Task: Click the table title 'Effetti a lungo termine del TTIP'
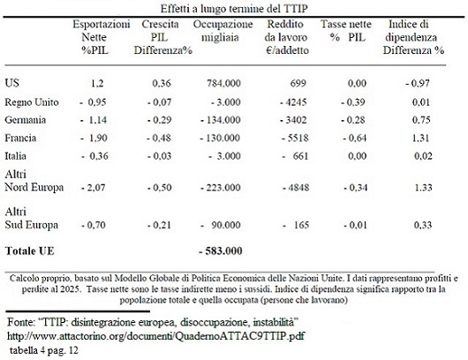pyautogui.click(x=234, y=9)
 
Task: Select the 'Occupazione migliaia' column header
pyautogui.click(x=223, y=31)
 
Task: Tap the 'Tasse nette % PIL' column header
pyautogui.click(x=346, y=31)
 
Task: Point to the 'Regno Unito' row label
pyautogui.click(x=32, y=102)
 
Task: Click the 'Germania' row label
pyautogui.click(x=26, y=120)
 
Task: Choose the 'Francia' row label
pyautogui.click(x=20, y=138)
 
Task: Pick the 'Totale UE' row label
pyautogui.click(x=29, y=251)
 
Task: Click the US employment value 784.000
pyautogui.click(x=224, y=83)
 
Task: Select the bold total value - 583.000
pyautogui.click(x=221, y=251)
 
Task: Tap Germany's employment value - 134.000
pyautogui.click(x=221, y=120)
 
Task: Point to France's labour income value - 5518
pyautogui.click(x=294, y=138)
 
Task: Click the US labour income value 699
pyautogui.click(x=298, y=83)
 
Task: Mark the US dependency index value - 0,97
pyautogui.click(x=418, y=83)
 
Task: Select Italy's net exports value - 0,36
pyautogui.click(x=94, y=156)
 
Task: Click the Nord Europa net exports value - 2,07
pyautogui.click(x=93, y=188)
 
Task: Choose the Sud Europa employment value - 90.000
pyautogui.click(x=221, y=225)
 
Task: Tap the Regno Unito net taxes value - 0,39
pyautogui.click(x=353, y=102)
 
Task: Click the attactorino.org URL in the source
pyautogui.click(x=155, y=336)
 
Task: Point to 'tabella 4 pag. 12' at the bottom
pyautogui.click(x=44, y=350)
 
